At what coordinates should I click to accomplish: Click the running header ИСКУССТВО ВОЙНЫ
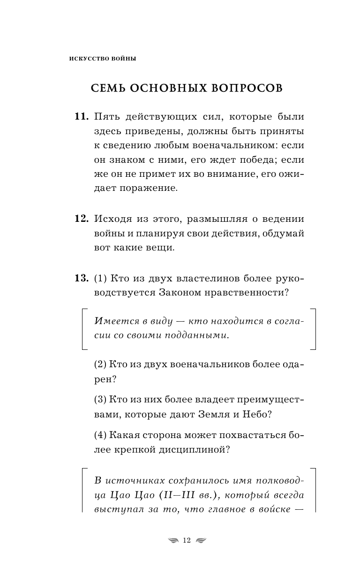102,59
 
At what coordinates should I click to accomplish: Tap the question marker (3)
100,400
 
